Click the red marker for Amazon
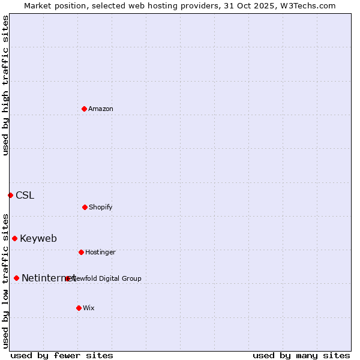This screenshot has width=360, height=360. [84, 109]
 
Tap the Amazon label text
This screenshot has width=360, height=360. [101, 109]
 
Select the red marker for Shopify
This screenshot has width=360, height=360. [85, 207]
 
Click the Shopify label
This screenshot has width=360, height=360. [101, 207]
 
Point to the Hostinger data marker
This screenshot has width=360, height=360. [81, 252]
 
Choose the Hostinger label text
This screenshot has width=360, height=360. [101, 252]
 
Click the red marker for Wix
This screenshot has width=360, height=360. [79, 308]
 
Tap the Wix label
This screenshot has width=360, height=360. [89, 308]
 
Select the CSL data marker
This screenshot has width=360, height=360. [10, 195]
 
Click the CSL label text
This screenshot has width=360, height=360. [25, 195]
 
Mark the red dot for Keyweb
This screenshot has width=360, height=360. [14, 238]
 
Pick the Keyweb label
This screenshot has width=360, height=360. [38, 238]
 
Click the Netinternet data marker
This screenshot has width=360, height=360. [16, 278]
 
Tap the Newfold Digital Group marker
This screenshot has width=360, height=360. [67, 278]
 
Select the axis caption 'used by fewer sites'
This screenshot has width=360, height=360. [62, 355]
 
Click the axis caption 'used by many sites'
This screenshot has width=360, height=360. [301, 355]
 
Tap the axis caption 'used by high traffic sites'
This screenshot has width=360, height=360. [5, 85]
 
